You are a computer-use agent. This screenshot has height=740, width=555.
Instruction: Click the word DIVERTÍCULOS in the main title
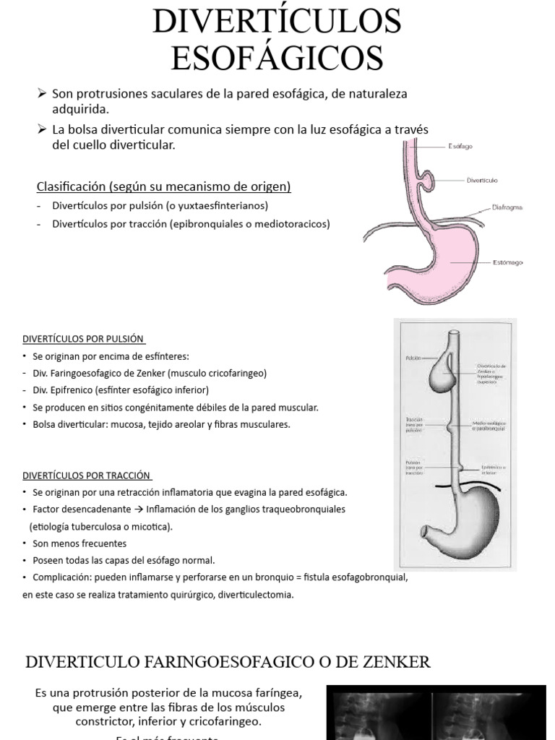[x=277, y=22]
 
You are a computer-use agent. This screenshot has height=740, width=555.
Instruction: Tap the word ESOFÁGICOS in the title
[x=277, y=58]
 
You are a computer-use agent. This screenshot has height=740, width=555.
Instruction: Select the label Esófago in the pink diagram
[x=460, y=147]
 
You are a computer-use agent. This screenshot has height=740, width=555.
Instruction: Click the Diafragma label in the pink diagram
[x=507, y=207]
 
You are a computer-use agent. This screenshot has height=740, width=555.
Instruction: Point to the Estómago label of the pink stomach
[x=507, y=262]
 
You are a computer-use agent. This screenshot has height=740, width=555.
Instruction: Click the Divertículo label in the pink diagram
[x=482, y=180]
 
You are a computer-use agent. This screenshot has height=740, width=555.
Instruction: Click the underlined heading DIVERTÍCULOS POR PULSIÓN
[x=84, y=338]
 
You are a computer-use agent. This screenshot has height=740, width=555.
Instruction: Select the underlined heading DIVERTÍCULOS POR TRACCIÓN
[x=87, y=476]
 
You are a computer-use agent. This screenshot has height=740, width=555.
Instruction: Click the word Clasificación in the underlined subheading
[x=71, y=187]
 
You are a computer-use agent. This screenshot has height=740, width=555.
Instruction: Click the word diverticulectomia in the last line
[x=256, y=595]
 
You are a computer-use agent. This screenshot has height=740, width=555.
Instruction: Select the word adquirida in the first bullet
[x=80, y=110]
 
